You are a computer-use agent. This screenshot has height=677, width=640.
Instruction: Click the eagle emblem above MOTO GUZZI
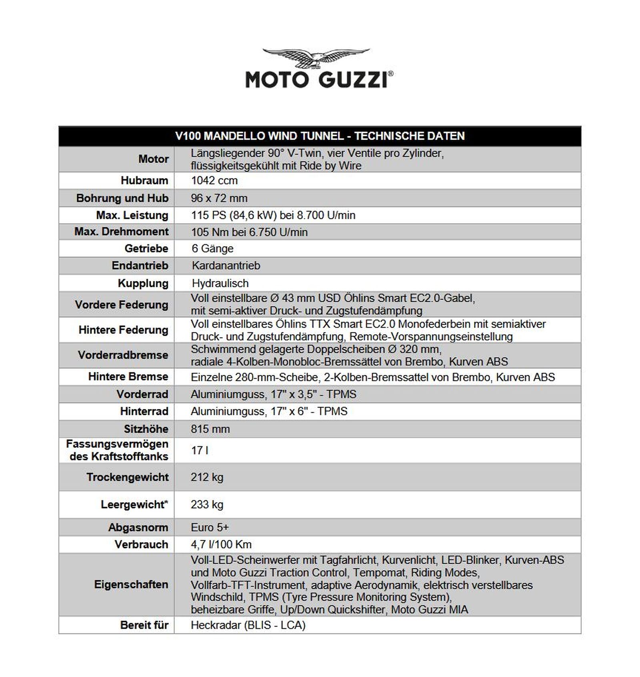click(x=316, y=58)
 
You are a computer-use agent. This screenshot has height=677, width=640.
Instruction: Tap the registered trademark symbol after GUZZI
click(x=390, y=74)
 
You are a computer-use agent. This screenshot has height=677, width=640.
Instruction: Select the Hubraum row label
click(x=144, y=180)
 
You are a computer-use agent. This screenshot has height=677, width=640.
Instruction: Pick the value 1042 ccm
click(x=214, y=180)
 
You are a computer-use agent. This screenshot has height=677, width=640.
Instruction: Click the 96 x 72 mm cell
click(x=219, y=198)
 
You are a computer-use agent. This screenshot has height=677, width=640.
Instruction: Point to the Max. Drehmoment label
click(x=122, y=232)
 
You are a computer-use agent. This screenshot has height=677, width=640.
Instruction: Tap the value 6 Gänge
click(x=212, y=248)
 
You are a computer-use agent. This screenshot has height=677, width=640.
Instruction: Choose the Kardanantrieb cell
click(x=226, y=266)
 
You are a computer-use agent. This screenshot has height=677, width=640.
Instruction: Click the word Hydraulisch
click(x=220, y=283)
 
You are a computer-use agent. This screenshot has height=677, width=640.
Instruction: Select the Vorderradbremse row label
click(x=123, y=355)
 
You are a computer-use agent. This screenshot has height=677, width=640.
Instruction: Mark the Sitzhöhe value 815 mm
click(x=210, y=429)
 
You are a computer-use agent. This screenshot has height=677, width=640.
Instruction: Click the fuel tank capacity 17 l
click(x=200, y=451)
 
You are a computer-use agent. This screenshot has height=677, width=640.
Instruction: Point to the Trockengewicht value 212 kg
click(x=207, y=477)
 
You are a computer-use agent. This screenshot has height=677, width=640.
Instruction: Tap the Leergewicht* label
click(x=134, y=505)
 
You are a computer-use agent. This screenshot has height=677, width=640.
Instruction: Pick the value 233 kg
click(x=207, y=505)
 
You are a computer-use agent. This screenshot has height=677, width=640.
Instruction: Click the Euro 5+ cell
click(x=210, y=527)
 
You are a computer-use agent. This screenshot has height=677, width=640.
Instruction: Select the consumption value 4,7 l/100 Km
click(x=221, y=545)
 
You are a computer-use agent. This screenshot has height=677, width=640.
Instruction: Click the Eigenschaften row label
click(x=131, y=585)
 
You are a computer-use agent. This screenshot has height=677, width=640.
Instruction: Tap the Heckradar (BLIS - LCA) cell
click(x=248, y=625)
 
